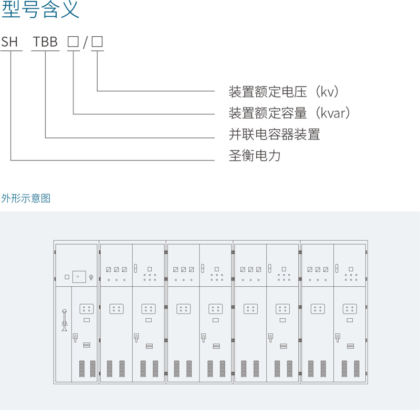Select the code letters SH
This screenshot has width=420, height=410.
[9, 42]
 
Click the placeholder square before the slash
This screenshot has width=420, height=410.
[73, 42]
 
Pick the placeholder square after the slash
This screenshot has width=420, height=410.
[97, 42]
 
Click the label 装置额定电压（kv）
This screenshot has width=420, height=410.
[284, 92]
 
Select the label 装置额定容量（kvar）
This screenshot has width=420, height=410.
[289, 113]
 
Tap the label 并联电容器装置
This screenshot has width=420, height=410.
[274, 135]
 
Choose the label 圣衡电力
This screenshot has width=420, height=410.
[255, 156]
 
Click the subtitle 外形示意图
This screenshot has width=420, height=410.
[26, 198]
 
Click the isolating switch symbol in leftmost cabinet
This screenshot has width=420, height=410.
[64, 319]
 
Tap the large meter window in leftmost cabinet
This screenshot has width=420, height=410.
[79, 276]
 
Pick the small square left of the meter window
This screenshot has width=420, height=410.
[67, 276]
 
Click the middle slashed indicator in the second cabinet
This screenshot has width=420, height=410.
[116, 269]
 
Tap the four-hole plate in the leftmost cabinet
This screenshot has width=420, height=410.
[87, 309]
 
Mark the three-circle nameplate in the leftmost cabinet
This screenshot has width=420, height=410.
[87, 345]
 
